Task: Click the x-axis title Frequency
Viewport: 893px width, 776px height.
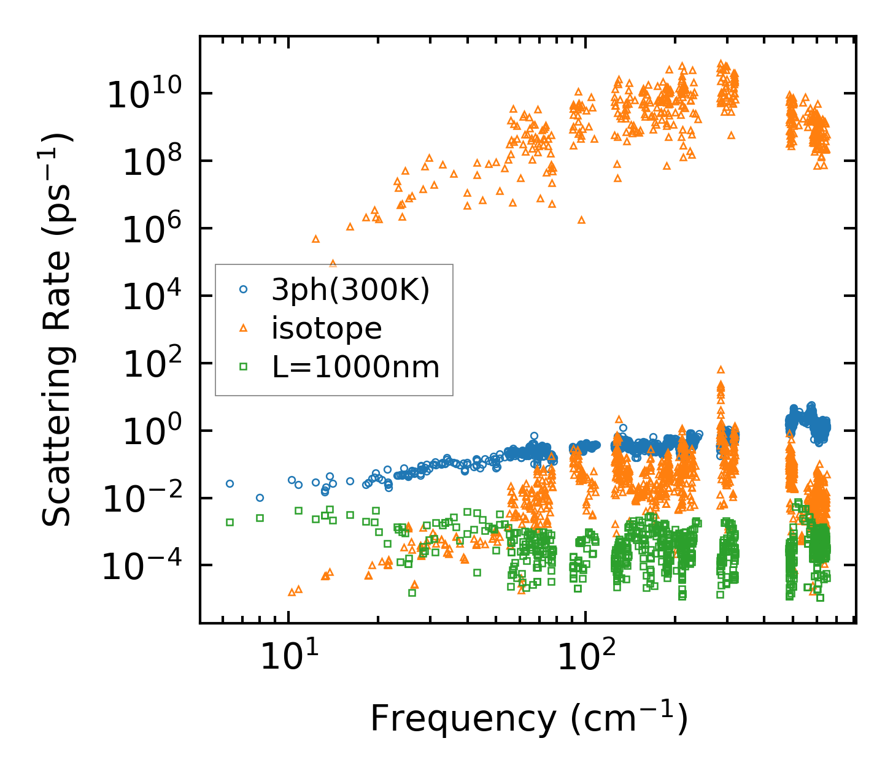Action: tap(528, 718)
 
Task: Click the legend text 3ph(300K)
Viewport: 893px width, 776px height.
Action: tap(350, 290)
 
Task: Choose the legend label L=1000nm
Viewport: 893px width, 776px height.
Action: tap(355, 367)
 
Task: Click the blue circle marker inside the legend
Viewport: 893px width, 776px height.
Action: tap(243, 289)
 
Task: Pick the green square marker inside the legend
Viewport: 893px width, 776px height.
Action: tap(243, 367)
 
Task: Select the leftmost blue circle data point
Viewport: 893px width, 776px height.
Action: tap(230, 483)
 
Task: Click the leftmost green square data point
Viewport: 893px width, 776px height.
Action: tap(230, 522)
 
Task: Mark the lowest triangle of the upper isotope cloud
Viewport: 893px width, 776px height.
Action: tap(333, 263)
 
